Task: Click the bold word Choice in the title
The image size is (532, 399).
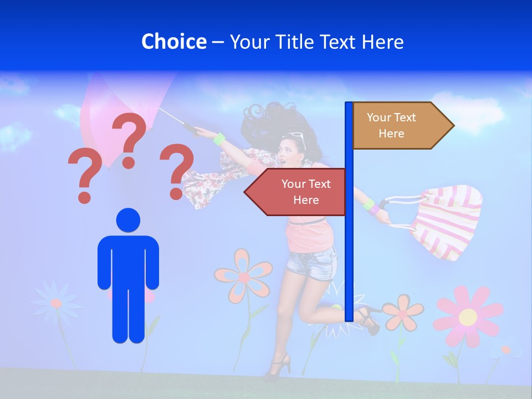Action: click(x=173, y=42)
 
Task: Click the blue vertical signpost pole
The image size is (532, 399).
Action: click(x=349, y=249)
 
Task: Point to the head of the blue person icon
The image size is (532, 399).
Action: click(x=128, y=220)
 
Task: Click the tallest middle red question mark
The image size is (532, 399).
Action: click(x=130, y=139)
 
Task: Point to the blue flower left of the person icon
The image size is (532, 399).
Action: click(x=55, y=303)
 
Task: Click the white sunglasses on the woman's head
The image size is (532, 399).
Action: click(x=296, y=135)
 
